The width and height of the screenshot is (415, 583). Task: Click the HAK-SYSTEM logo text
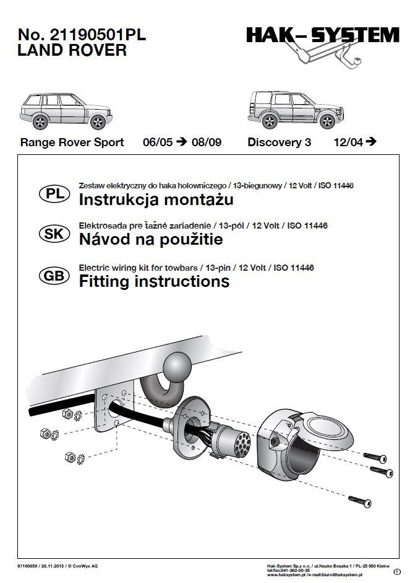[322, 36]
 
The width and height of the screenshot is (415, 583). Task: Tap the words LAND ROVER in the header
[73, 51]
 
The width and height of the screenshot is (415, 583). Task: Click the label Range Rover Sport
[72, 142]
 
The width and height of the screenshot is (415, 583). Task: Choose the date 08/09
[206, 142]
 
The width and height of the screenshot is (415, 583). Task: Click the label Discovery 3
[279, 142]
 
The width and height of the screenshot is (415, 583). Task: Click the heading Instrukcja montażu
[156, 200]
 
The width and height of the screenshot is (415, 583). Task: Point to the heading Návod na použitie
[151, 240]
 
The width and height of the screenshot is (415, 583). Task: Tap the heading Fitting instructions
[154, 282]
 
